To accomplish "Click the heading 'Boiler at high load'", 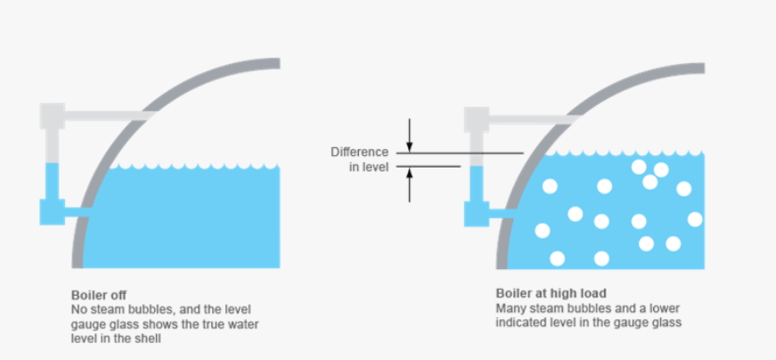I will [x=551, y=294].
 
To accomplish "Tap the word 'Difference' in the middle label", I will [x=359, y=151].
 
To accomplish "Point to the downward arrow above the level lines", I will [x=410, y=135].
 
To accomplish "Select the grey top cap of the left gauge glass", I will [x=53, y=115].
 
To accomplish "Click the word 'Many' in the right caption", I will [x=510, y=308].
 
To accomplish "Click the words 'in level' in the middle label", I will [x=368, y=166].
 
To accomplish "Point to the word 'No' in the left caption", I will [x=78, y=308].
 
